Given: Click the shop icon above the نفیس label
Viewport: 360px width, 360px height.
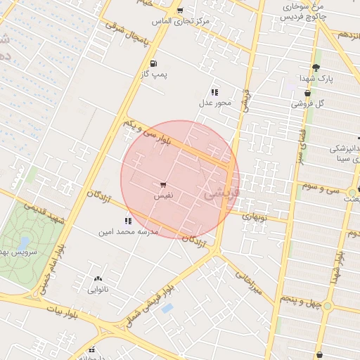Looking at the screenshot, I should [163, 184].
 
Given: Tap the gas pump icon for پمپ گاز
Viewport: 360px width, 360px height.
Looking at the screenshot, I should [154, 62].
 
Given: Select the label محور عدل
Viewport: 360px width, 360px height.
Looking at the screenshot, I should [214, 103].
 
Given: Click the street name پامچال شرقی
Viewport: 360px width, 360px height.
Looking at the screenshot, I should [128, 34].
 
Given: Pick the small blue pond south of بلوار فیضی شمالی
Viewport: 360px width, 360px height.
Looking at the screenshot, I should [167, 308].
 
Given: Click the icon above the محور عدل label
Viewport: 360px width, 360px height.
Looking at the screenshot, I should [214, 92].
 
